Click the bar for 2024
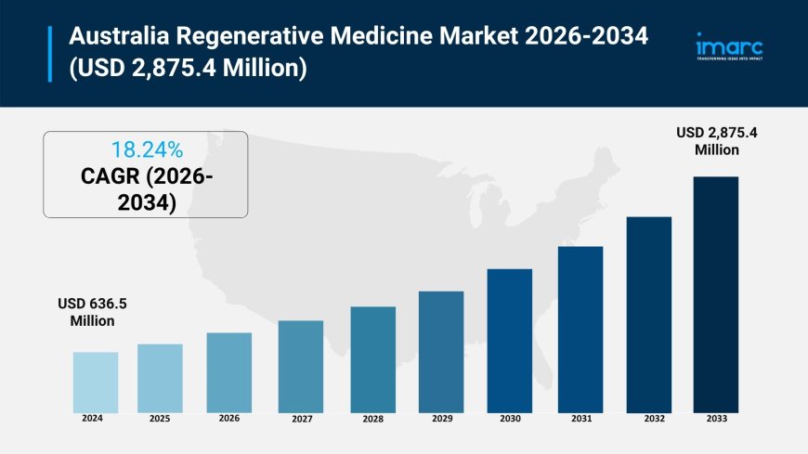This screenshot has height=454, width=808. [x=96, y=383]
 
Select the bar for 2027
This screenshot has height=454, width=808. [x=301, y=367]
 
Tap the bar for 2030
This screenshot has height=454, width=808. [x=510, y=341]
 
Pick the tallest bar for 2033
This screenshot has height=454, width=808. [x=716, y=294]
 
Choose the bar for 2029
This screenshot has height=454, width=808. [x=441, y=352]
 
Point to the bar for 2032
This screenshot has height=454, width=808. [x=649, y=315]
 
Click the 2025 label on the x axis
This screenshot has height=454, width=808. [x=160, y=419]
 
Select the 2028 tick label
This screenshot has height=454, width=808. [x=372, y=420]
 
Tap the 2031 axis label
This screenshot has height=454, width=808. [x=580, y=420]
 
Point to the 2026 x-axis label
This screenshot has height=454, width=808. [x=228, y=419]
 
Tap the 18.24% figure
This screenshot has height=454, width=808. [x=146, y=149]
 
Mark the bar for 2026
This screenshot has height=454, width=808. [x=228, y=372]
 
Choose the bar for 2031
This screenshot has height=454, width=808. [x=580, y=330]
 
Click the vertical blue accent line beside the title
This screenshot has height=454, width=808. [x=50, y=54]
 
